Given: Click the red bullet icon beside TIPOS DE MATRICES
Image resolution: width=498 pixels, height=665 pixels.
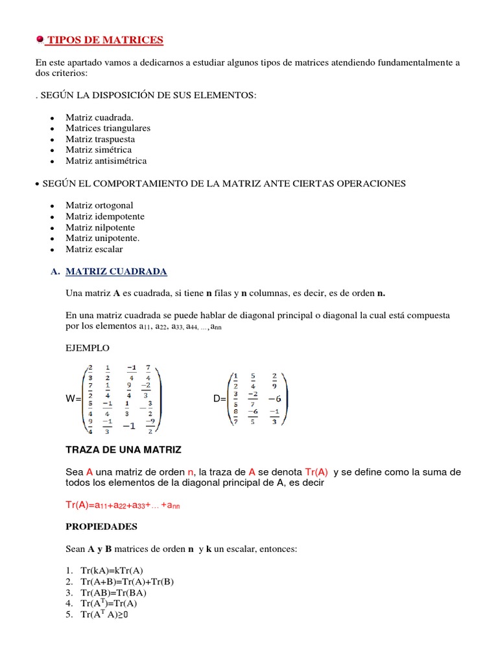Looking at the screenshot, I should (40, 40).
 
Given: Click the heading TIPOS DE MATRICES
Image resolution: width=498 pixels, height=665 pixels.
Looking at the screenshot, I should (106, 40).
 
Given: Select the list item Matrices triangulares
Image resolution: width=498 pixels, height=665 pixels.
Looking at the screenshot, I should (108, 128).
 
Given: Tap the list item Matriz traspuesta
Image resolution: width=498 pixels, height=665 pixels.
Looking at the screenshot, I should (100, 139).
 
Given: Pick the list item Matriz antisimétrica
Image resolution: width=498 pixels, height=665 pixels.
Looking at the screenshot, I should (106, 160).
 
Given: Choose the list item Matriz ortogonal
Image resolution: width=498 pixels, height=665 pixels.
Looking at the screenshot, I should (99, 205).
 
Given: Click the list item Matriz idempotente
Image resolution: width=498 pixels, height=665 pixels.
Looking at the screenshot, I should (105, 216).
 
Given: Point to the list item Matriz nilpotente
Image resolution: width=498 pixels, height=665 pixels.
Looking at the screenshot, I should (100, 227).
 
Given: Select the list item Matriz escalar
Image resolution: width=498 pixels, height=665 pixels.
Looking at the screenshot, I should (94, 249).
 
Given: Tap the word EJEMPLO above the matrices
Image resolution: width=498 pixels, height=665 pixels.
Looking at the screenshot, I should (88, 348).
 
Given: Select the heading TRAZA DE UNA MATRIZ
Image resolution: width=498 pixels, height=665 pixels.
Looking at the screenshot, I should (124, 449).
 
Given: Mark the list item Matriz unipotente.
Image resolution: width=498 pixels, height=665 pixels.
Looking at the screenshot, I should (102, 238).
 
